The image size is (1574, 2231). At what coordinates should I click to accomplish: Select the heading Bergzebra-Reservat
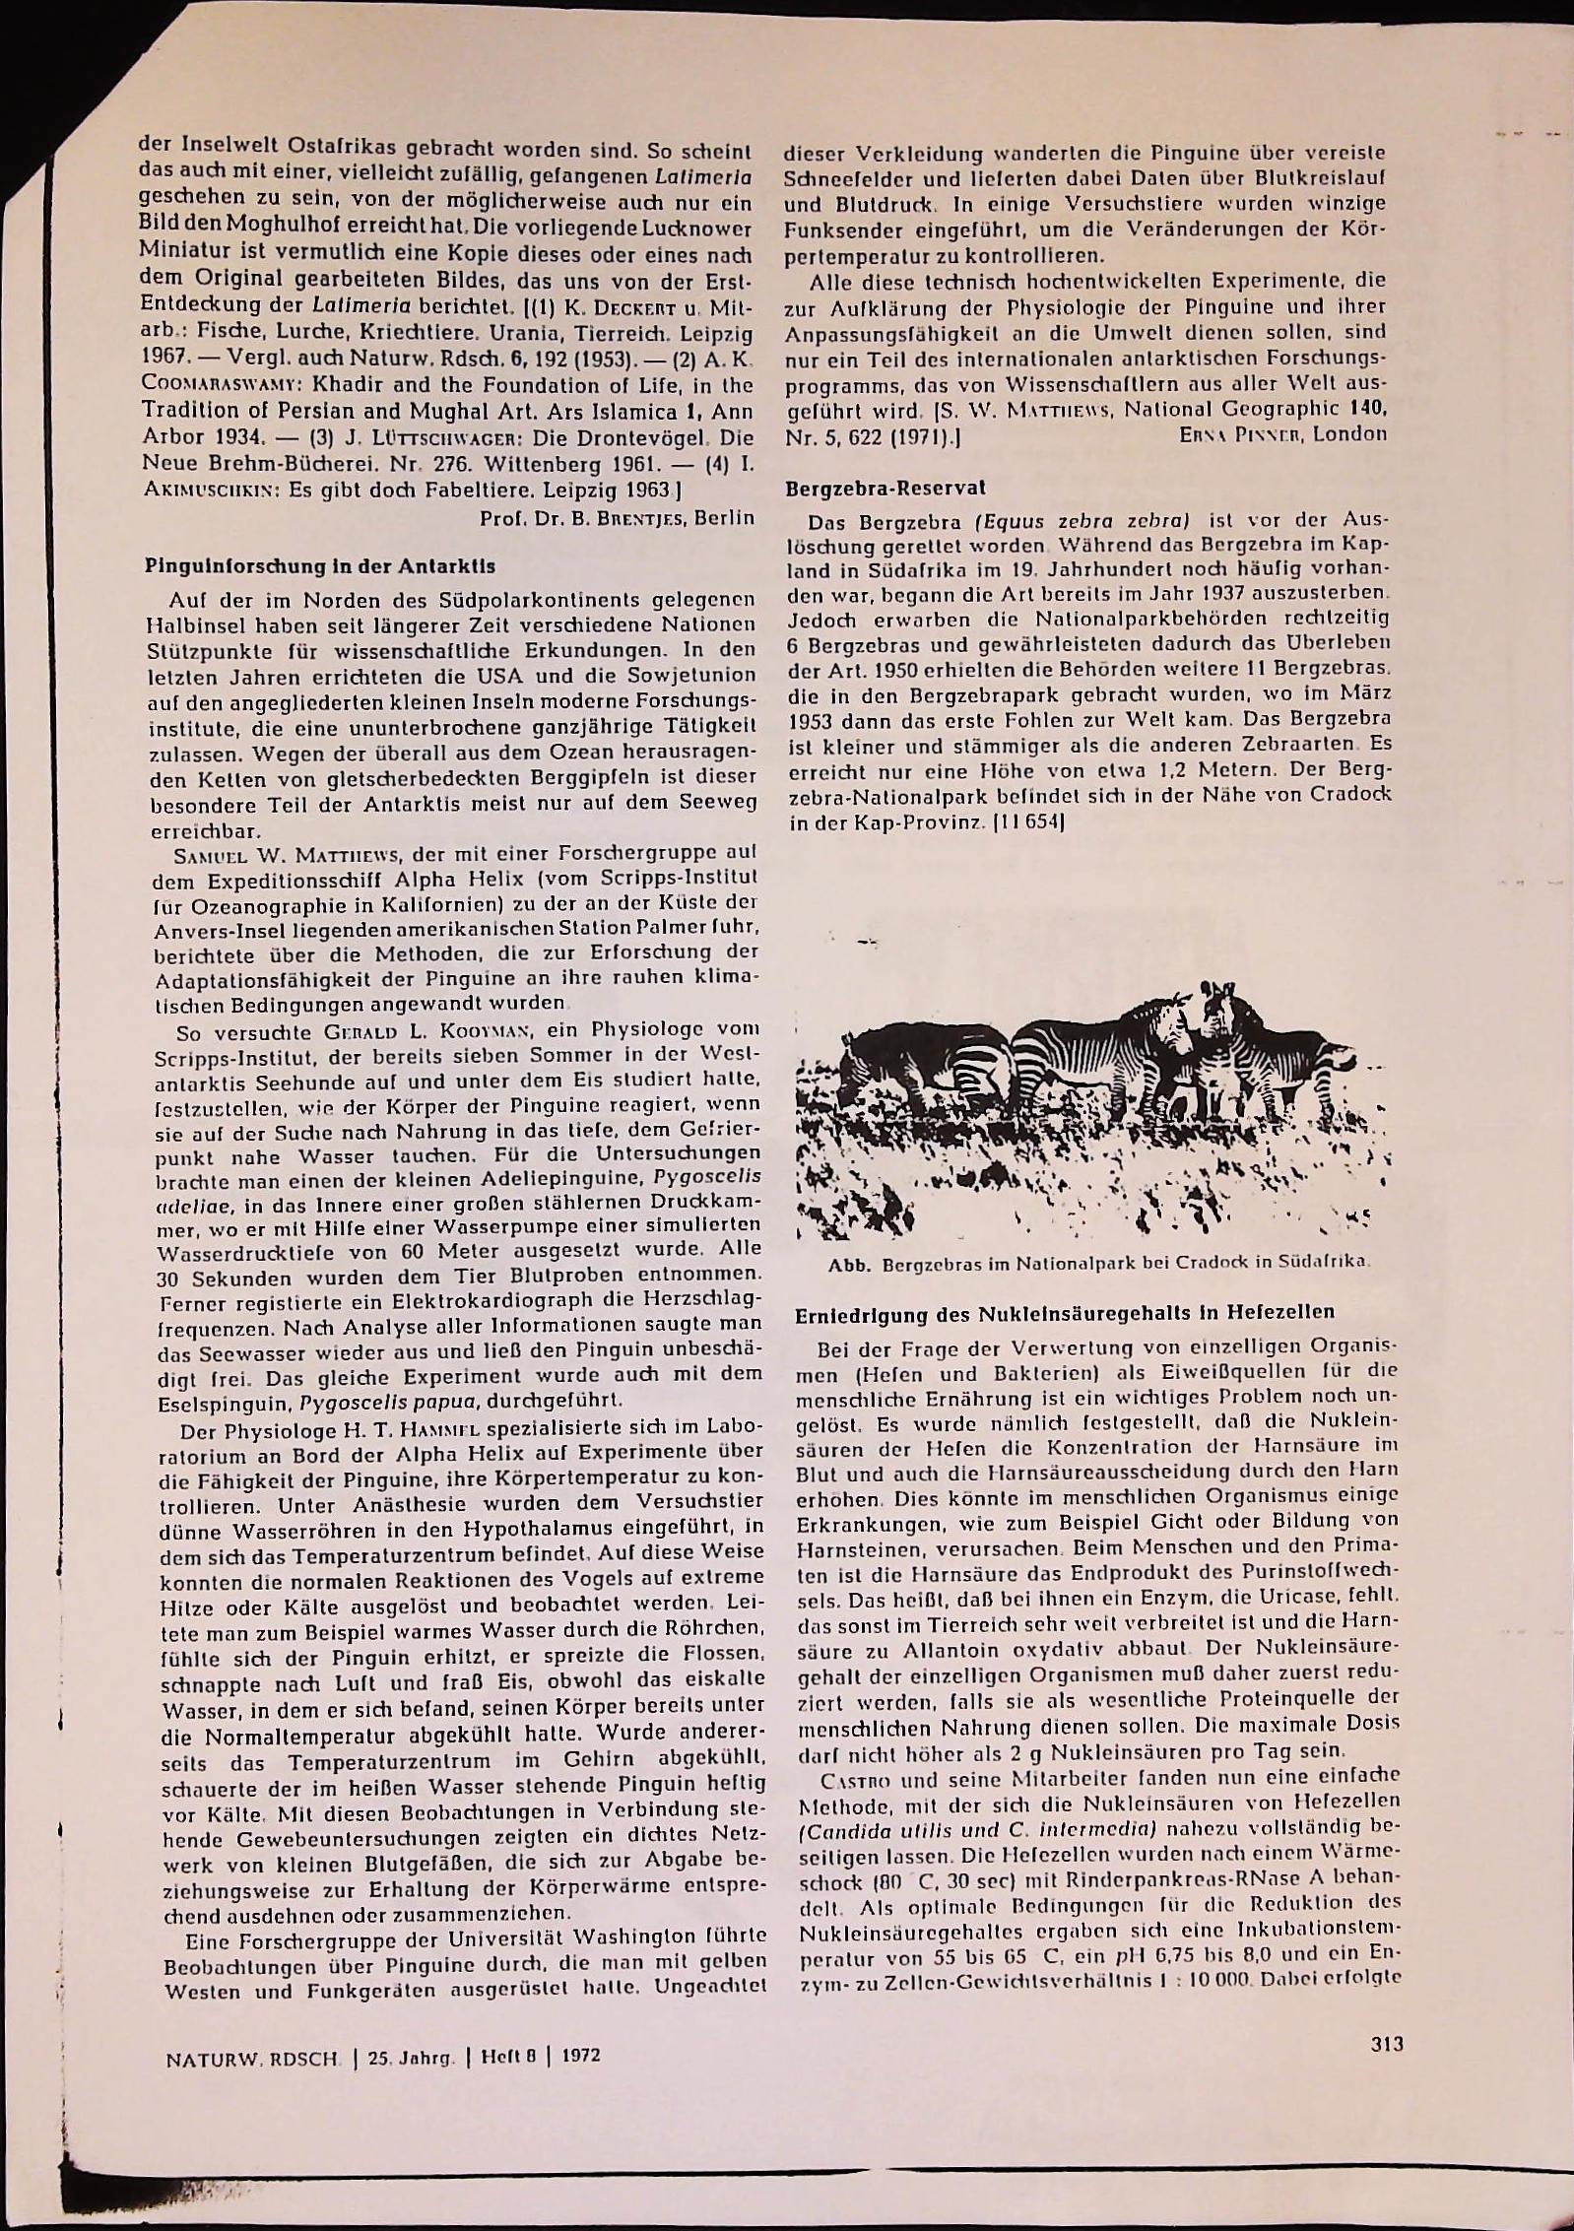click(885, 488)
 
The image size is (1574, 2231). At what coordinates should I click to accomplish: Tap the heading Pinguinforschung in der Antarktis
click(319, 566)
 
